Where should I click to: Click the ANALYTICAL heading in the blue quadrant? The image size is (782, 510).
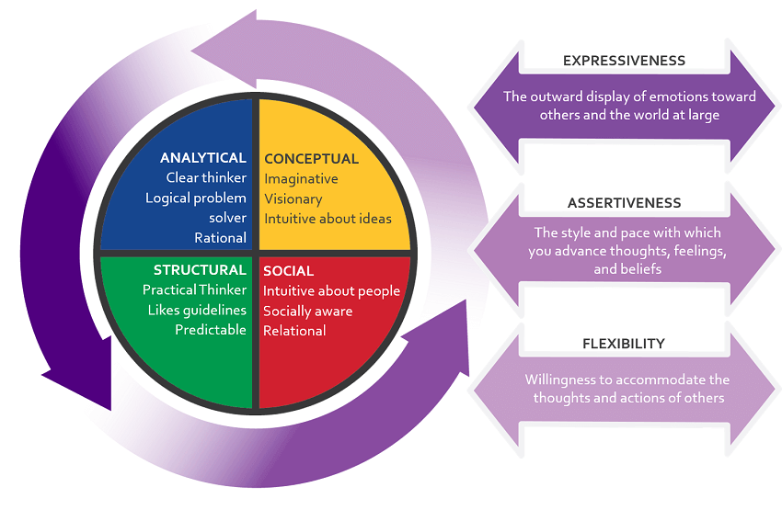click(203, 158)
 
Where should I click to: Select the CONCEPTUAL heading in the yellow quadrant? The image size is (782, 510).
click(311, 159)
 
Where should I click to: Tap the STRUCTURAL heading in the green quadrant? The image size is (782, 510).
click(200, 270)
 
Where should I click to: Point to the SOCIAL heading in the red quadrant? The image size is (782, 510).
click(288, 271)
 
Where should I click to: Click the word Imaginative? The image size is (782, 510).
click(301, 179)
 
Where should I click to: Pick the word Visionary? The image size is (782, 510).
click(293, 198)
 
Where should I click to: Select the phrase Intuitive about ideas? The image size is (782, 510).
click(328, 219)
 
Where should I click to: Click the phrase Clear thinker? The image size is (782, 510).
click(206, 178)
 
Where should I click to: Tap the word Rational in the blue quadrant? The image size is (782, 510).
click(220, 238)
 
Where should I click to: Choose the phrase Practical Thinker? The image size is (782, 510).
click(194, 290)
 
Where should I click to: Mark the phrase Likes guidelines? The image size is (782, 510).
click(197, 311)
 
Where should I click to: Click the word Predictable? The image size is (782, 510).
click(211, 330)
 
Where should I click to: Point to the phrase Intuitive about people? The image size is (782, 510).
click(331, 291)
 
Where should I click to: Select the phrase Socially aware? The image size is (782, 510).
click(307, 311)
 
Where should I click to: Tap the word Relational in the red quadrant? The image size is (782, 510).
click(294, 331)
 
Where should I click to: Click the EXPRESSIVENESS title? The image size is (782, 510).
click(624, 61)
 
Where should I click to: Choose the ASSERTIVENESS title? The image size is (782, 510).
click(624, 203)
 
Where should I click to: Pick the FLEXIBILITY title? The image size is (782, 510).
click(624, 344)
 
